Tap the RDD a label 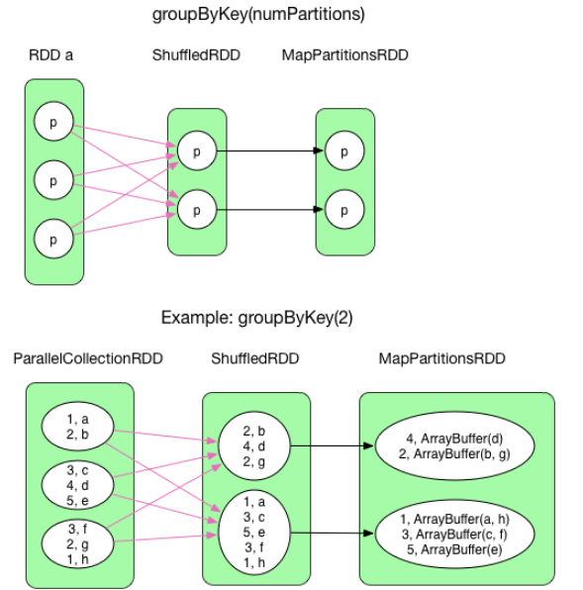click(50, 55)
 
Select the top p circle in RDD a click(53, 122)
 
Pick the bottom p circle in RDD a click(53, 239)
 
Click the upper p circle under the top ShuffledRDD click(196, 151)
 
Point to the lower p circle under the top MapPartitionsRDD click(344, 210)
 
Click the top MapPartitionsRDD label click(344, 55)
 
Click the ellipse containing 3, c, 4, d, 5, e click(78, 484)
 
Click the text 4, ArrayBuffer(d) click(456, 440)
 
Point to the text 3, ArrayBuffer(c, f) click(456, 536)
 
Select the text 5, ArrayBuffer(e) click(456, 550)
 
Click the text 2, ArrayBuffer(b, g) click(456, 454)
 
